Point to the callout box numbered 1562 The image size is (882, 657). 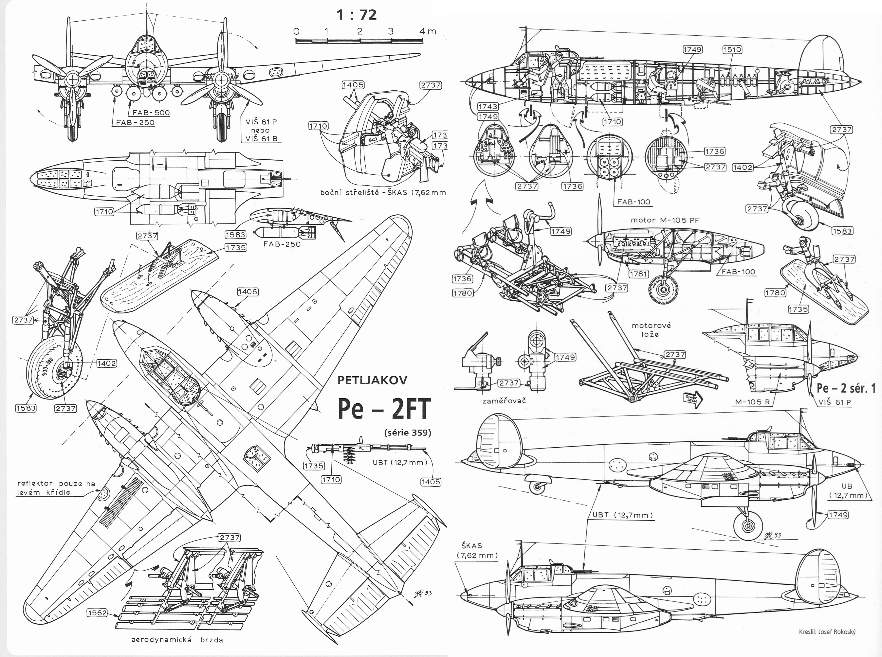point(97,613)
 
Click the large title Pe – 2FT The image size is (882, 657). point(384,409)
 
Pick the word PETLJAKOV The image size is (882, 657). point(372,380)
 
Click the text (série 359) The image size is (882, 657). point(408,433)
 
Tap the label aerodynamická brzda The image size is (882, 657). point(177,640)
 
